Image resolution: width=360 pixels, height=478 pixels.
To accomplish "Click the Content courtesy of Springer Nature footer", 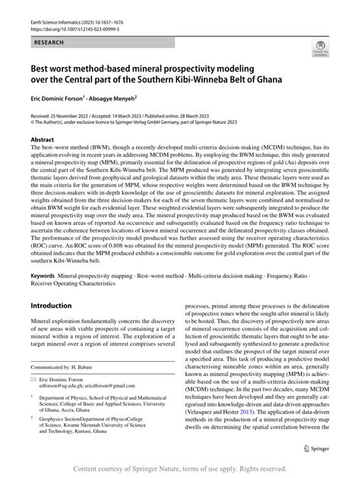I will tap(179, 470).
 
